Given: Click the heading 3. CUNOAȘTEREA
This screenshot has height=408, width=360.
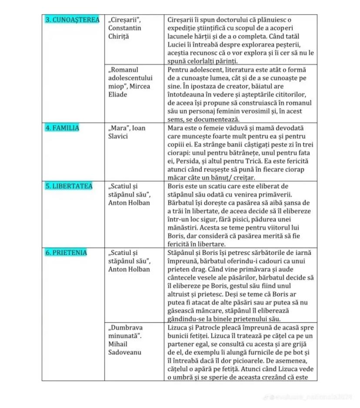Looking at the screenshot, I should point(73,20).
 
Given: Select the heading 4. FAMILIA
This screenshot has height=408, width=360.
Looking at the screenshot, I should point(63,128).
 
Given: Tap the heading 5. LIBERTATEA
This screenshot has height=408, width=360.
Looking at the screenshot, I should point(69,186).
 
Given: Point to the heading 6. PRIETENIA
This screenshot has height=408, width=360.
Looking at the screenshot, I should point(67,253).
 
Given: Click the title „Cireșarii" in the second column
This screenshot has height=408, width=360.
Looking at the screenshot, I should point(124,20).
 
